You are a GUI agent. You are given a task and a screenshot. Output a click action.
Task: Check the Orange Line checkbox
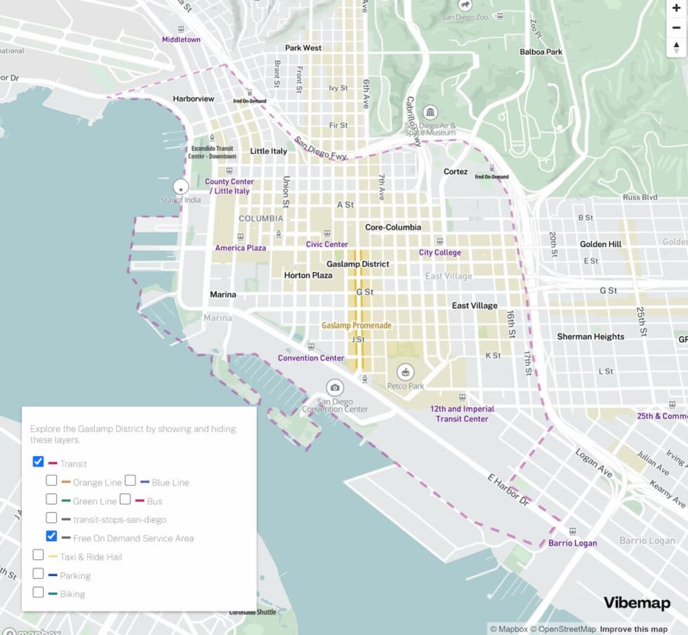tap(52, 481)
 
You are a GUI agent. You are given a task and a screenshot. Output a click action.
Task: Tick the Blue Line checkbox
tap(131, 481)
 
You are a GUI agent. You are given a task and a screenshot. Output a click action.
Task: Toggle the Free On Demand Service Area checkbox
tap(52, 537)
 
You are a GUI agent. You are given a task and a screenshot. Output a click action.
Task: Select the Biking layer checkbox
tap(39, 592)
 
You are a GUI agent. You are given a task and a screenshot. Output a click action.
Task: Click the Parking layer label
tap(75, 575)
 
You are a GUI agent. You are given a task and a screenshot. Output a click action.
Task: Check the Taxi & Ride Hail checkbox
tap(39, 555)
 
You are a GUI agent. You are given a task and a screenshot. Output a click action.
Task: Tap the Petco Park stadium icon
tap(406, 372)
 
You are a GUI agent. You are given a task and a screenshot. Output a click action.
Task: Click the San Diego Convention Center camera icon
tap(335, 387)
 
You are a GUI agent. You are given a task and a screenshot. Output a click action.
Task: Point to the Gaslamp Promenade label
tap(357, 326)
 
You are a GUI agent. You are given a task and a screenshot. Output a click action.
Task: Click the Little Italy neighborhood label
tap(269, 151)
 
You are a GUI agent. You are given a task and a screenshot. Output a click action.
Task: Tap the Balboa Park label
tap(541, 52)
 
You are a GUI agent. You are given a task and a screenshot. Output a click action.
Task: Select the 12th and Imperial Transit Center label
tap(462, 414)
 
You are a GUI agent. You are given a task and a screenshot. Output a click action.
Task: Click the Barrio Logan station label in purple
tap(572, 543)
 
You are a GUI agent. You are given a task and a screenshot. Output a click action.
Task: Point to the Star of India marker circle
tap(181, 187)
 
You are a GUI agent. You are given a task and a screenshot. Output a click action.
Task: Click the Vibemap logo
tap(637, 603)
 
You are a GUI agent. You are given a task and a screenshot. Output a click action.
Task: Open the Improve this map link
tap(633, 629)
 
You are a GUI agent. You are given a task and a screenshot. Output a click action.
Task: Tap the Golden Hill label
tap(600, 244)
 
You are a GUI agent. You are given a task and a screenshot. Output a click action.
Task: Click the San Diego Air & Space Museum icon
tap(430, 113)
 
